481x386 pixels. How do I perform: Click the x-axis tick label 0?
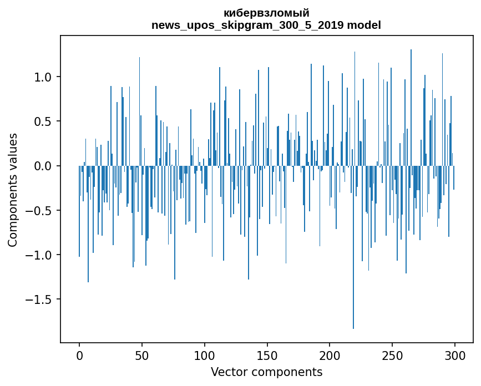pos(79,355)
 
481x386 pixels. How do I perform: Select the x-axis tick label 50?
pos(141,355)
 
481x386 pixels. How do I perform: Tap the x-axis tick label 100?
pos(204,355)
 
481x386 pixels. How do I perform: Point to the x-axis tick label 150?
pos(267,355)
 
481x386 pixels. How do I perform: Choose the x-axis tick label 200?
pos(330,355)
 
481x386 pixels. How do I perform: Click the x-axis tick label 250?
pos(392,355)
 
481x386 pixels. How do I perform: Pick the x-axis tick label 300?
pos(454,355)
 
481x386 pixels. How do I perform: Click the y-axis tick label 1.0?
pos(43,77)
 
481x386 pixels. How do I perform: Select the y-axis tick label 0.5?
pos(43,121)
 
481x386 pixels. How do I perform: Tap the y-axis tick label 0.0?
pos(43,166)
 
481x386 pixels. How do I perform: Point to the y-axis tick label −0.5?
pos(39,211)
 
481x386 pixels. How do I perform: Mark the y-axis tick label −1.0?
pos(39,255)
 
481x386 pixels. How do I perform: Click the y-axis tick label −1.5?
pos(39,299)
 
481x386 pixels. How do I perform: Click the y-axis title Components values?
pos(13,190)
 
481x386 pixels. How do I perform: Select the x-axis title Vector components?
pos(266,372)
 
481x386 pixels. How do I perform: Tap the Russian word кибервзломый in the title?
pos(266,13)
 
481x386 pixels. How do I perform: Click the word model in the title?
pos(364,25)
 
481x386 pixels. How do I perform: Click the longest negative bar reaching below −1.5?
pos(353,247)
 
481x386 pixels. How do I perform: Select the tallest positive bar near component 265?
pos(411,108)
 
